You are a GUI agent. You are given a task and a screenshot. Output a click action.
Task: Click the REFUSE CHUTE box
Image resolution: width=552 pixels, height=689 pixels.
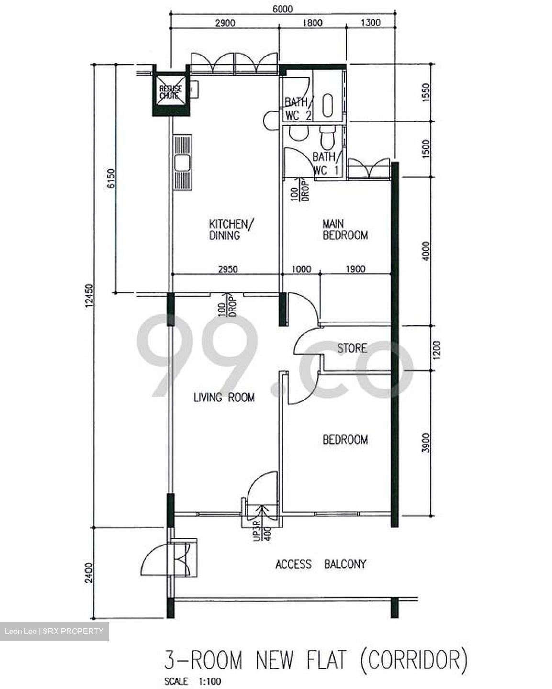coord(170,92)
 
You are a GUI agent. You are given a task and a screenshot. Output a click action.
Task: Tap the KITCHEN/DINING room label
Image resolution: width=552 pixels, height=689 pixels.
coord(228,229)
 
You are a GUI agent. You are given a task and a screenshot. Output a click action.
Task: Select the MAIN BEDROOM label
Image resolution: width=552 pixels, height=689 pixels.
coord(345,229)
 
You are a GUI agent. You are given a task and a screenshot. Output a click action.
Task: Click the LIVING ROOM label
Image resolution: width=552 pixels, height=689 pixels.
coord(224,397)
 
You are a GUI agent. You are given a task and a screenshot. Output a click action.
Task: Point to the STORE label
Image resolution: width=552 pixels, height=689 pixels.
coord(352,348)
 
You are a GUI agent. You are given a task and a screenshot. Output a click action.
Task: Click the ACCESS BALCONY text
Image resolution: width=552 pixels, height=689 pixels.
coord(320,565)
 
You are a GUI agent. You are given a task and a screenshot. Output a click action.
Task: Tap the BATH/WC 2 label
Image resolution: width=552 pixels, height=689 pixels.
coord(298,109)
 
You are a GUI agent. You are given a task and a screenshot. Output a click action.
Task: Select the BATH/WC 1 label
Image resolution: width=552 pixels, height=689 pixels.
coord(327,163)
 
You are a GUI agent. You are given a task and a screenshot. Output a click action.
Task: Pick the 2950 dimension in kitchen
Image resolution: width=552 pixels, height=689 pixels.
coord(227,269)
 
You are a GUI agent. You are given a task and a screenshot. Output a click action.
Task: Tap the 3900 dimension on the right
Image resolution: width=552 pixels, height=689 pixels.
coord(427,443)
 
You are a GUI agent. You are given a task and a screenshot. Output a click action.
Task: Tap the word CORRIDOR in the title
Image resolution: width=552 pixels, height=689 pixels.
coord(413,660)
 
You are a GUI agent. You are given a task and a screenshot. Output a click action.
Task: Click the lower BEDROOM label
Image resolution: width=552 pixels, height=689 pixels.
coord(345,439)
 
